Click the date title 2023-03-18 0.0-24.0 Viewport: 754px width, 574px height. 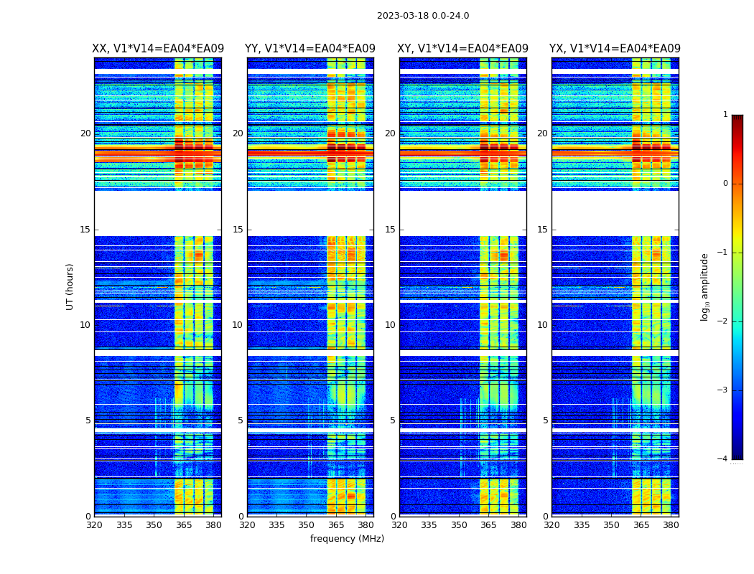pos(423,16)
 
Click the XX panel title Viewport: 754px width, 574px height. pos(158,49)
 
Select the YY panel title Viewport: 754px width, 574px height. pos(310,49)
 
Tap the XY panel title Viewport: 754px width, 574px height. pos(463,49)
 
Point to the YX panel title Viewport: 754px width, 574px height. pos(615,49)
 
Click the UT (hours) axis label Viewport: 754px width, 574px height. pos(70,286)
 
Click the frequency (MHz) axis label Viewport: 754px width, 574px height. pos(347,539)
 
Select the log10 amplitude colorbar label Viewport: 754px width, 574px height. pos(705,286)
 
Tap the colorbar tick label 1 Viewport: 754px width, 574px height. pos(725,115)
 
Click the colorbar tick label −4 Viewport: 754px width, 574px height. pos(723,459)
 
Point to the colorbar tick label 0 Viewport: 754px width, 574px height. pos(725,184)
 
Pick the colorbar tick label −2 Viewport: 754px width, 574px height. pos(723,321)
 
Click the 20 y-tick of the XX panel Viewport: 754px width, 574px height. pos(85,133)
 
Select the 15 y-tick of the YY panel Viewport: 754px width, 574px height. pos(238,230)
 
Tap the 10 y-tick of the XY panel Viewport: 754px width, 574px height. pos(390,325)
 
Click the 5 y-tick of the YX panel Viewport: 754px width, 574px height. pos(545,420)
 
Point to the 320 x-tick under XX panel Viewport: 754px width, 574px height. pos(94,524)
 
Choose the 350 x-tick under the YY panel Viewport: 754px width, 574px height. pos(307,524)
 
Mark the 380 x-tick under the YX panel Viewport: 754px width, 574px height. pos(671,524)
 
